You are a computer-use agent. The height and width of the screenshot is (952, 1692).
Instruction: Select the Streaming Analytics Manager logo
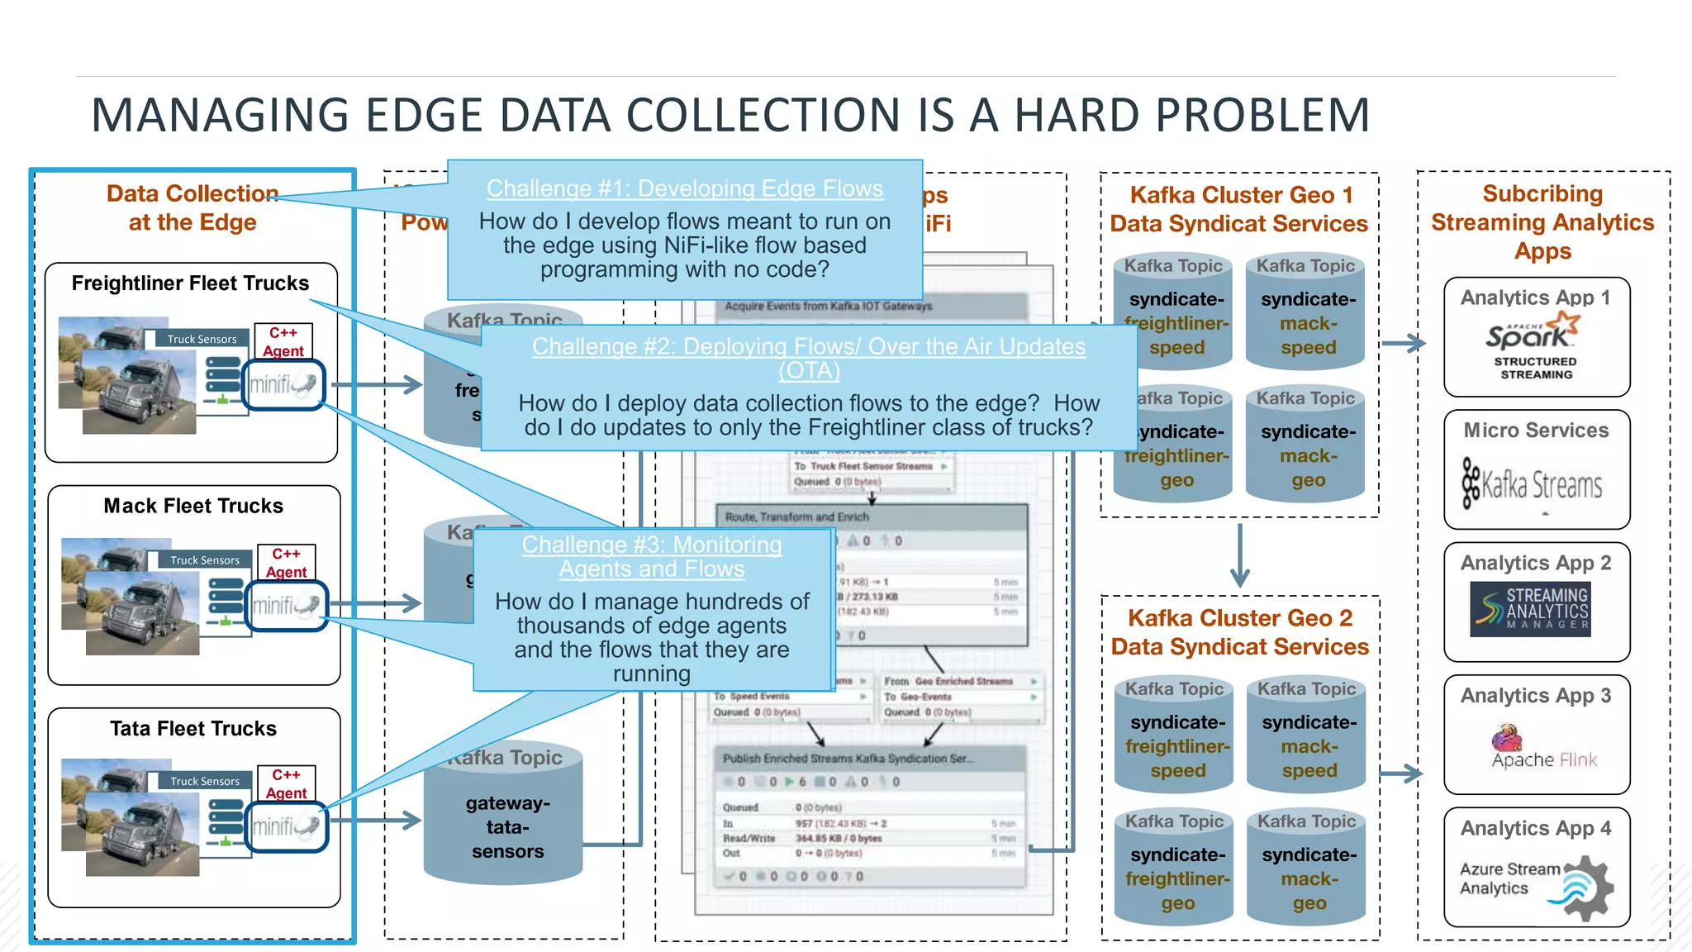pyautogui.click(x=1530, y=609)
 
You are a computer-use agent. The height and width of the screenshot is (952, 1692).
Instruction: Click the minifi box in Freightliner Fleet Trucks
pyautogui.click(x=284, y=384)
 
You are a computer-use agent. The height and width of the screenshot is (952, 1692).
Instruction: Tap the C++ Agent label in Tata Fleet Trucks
pyautogui.click(x=286, y=783)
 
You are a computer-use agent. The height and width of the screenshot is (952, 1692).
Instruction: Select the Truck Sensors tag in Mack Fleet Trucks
pyautogui.click(x=204, y=560)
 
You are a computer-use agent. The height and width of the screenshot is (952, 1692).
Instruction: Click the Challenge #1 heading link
pyautogui.click(x=684, y=188)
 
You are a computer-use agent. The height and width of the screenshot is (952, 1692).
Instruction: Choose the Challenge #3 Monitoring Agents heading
pyautogui.click(x=651, y=556)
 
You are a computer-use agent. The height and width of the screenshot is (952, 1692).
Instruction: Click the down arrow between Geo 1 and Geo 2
pyautogui.click(x=1239, y=555)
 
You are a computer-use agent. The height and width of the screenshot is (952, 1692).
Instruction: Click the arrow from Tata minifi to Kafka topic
pyautogui.click(x=376, y=820)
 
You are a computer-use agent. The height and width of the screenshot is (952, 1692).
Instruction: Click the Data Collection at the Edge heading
pyautogui.click(x=192, y=207)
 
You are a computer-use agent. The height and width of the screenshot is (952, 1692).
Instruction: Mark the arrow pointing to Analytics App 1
pyautogui.click(x=1403, y=343)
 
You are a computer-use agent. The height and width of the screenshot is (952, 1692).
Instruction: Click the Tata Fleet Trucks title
pyautogui.click(x=193, y=728)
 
